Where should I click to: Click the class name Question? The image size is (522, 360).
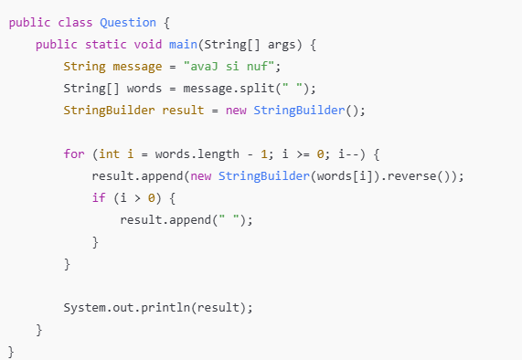pyautogui.click(x=128, y=23)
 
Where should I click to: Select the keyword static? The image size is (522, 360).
pyautogui.click(x=105, y=45)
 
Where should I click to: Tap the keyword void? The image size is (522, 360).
pyautogui.click(x=148, y=45)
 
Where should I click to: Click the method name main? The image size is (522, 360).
pyautogui.click(x=183, y=45)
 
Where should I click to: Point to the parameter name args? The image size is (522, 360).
pyautogui.click(x=282, y=46)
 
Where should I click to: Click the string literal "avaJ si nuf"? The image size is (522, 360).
pyautogui.click(x=229, y=67)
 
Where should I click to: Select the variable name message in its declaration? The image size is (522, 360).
pyautogui.click(x=137, y=68)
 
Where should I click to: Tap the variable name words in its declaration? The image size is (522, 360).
pyautogui.click(x=144, y=89)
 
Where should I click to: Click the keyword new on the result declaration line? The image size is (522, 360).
pyautogui.click(x=236, y=111)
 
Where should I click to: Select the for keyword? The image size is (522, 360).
pyautogui.click(x=74, y=154)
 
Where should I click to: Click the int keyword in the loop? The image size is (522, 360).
pyautogui.click(x=109, y=154)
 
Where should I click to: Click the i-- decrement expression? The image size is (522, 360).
pyautogui.click(x=348, y=154)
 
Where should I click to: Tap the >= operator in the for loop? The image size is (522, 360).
pyautogui.click(x=303, y=154)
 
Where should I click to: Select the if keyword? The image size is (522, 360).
pyautogui.click(x=99, y=198)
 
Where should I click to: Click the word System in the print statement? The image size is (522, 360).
pyautogui.click(x=84, y=308)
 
